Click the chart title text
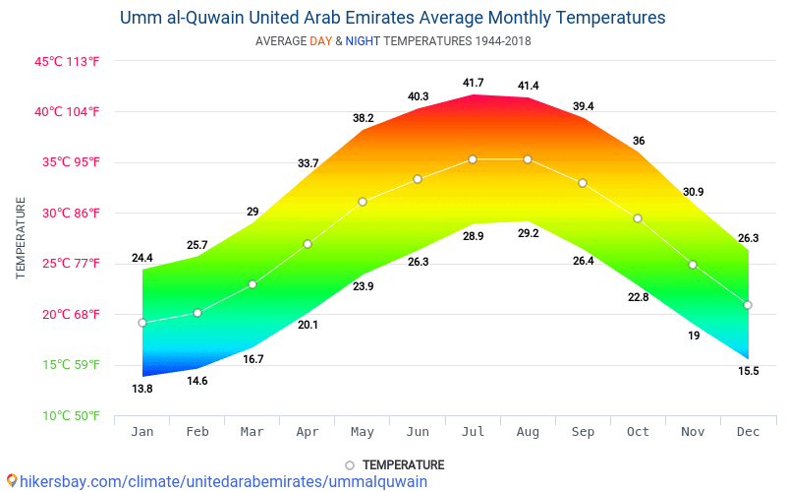coord(392,18)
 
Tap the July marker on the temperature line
coord(473,159)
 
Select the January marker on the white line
coord(142,323)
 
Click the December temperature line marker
coord(748,305)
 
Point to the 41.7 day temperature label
coord(473,83)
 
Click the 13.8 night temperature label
coord(142,389)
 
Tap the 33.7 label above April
coord(308,163)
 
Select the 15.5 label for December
coord(748,371)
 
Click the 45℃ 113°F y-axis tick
coord(67,61)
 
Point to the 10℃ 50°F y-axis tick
coord(67,416)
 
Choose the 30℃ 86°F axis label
coord(67,213)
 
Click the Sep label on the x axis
coord(583,432)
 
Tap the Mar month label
coord(253,432)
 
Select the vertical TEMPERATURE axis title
coord(21,238)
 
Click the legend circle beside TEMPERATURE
coord(350,465)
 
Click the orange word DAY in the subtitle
coord(320,41)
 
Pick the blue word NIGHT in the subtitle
coord(363,41)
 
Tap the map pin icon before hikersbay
coord(11,481)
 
